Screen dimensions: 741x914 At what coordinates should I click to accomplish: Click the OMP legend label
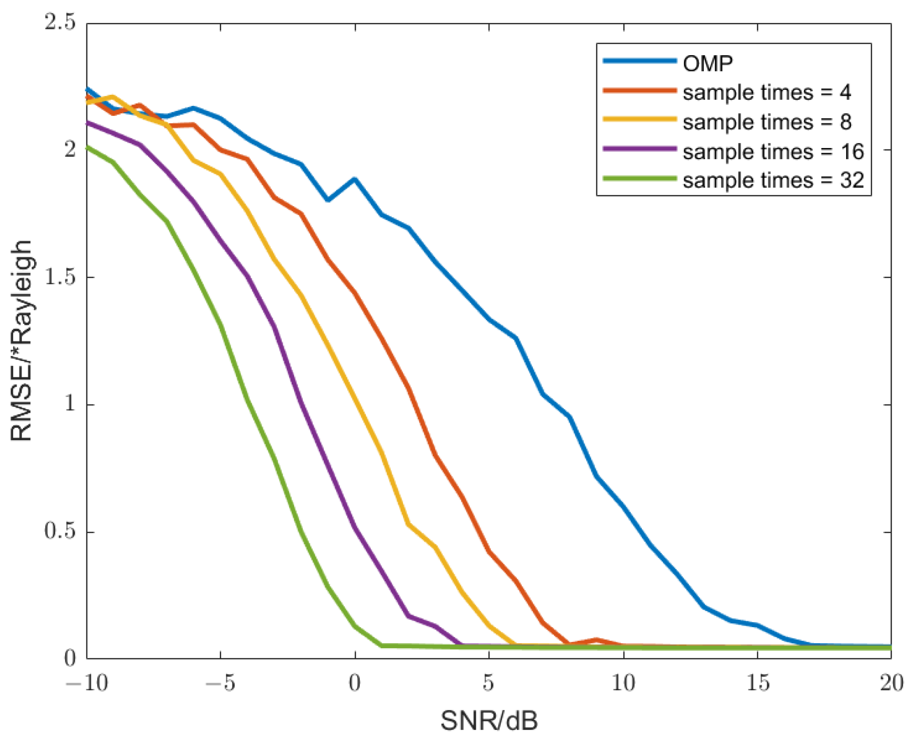click(707, 64)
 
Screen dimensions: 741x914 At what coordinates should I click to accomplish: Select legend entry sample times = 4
click(766, 92)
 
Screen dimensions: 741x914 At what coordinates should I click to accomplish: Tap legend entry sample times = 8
click(766, 122)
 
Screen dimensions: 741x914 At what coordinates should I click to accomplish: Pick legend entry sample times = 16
click(773, 151)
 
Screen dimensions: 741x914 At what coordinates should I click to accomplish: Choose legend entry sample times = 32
click(773, 180)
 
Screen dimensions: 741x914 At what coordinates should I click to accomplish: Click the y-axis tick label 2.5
click(60, 22)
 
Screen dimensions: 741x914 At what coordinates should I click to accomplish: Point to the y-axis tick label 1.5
click(60, 277)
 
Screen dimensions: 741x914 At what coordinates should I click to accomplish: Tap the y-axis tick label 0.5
click(60, 531)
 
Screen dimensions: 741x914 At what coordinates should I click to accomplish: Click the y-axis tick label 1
click(70, 404)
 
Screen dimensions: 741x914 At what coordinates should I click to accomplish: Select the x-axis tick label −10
click(86, 682)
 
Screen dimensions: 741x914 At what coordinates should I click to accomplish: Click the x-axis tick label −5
click(220, 682)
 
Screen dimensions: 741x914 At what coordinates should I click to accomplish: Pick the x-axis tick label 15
click(757, 682)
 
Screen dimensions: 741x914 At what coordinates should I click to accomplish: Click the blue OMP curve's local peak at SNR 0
click(355, 179)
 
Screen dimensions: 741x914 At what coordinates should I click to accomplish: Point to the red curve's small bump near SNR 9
click(596, 639)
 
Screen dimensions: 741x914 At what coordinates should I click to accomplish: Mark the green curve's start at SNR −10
click(87, 147)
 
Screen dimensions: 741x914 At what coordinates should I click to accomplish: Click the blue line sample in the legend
click(639, 61)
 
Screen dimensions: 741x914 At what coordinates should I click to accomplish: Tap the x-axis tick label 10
click(623, 682)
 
